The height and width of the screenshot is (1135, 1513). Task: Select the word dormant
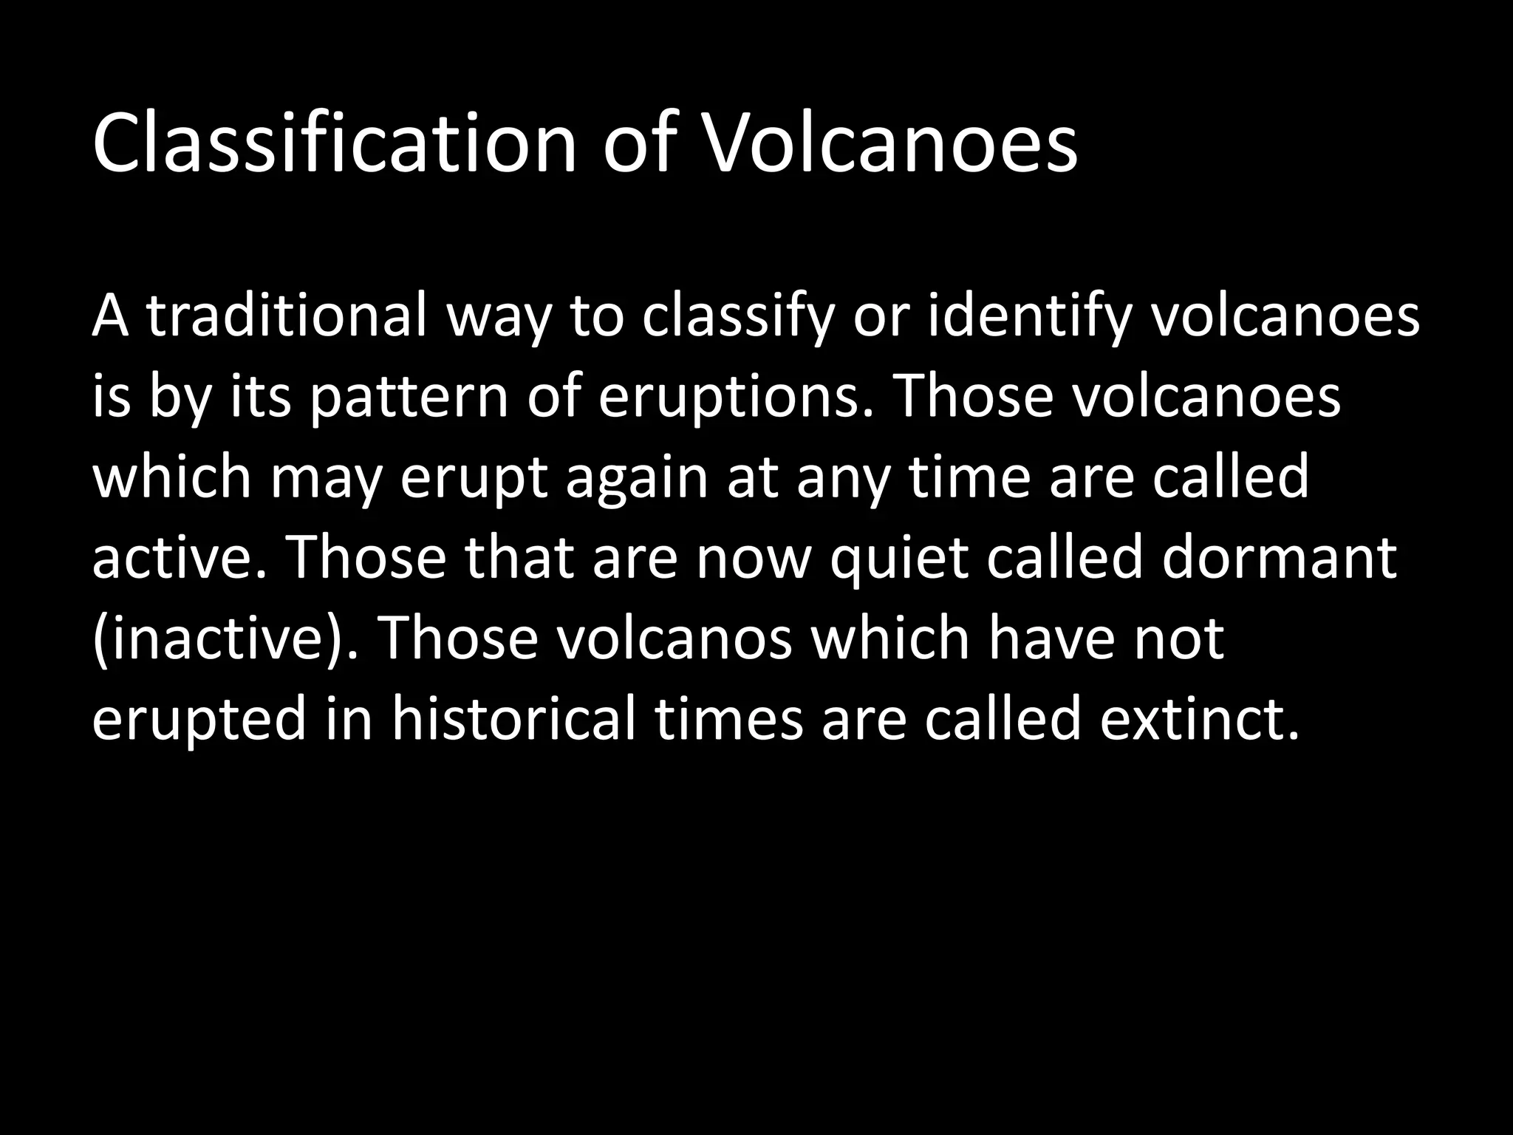click(x=1279, y=559)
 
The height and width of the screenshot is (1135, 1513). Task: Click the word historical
click(x=513, y=720)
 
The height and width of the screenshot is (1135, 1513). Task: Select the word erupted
click(x=199, y=721)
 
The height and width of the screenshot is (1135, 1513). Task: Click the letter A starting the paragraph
click(x=109, y=316)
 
